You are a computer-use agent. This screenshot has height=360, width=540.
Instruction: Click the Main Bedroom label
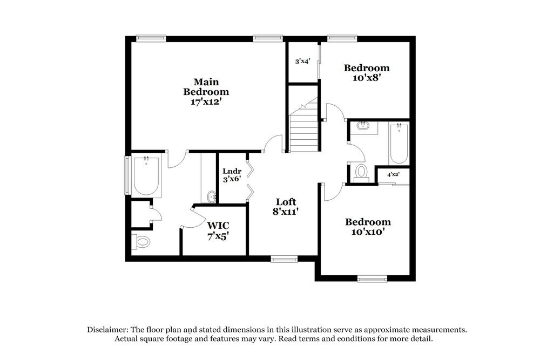206,87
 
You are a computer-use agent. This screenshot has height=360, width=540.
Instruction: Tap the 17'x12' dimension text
206,101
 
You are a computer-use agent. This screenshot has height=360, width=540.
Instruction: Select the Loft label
286,202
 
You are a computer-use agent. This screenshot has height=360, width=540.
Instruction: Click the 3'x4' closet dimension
302,62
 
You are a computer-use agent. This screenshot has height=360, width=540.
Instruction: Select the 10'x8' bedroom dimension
367,77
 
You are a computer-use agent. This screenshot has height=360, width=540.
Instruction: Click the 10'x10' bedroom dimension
368,232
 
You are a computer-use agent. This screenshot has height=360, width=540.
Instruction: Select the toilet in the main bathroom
141,241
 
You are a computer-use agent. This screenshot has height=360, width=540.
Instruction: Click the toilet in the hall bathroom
360,172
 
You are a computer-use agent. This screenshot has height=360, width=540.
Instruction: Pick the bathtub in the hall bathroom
399,144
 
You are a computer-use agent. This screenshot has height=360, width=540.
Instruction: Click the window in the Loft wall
284,259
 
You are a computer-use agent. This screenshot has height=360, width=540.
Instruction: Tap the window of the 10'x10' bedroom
372,279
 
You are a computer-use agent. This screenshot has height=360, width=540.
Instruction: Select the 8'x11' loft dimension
286,212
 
